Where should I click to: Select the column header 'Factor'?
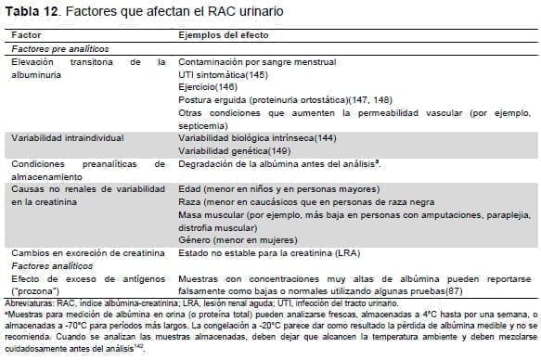click(x=25, y=33)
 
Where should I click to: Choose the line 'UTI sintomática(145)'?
click(x=223, y=72)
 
